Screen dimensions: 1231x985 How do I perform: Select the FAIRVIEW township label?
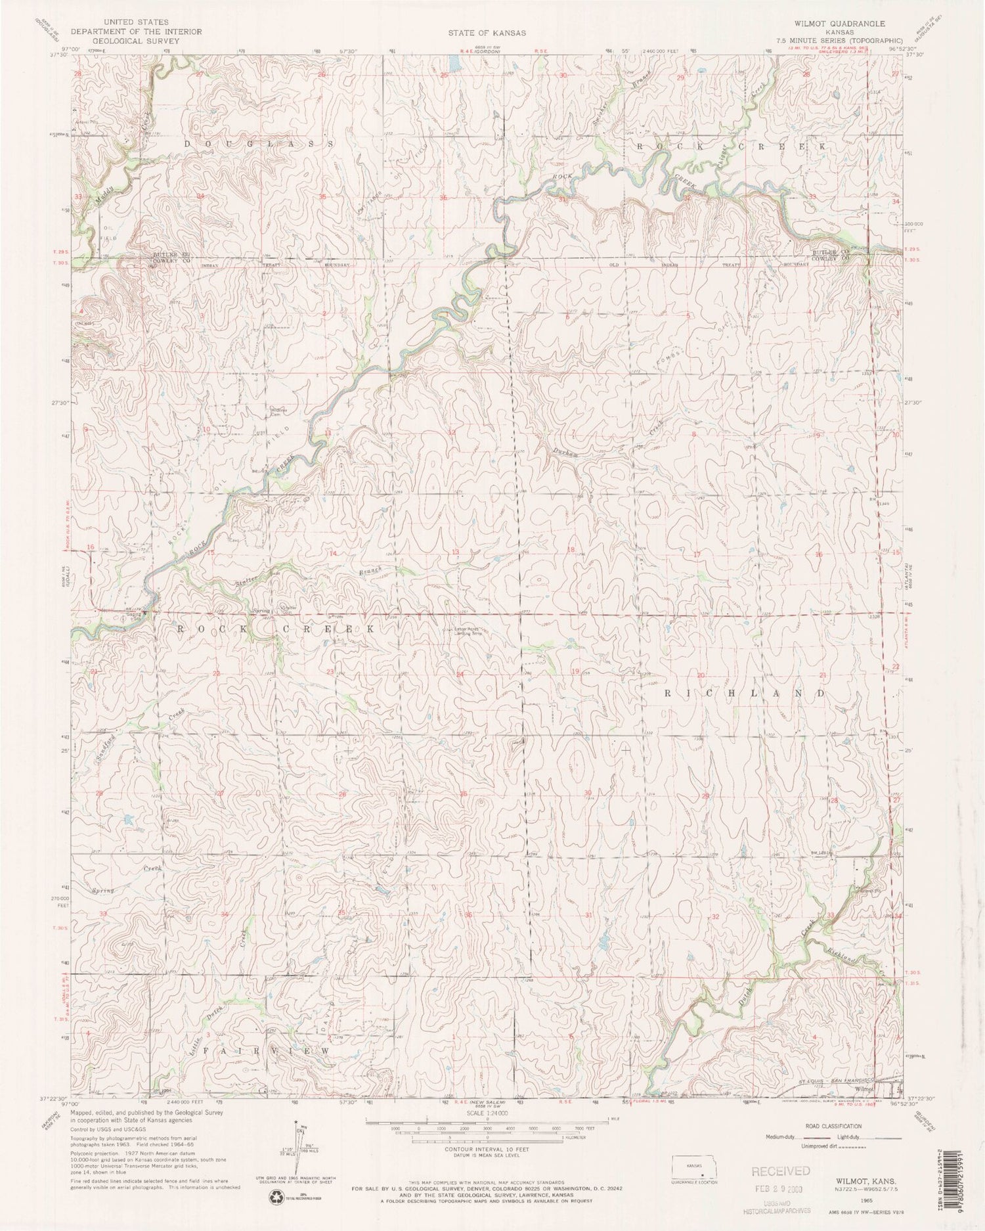(x=266, y=1052)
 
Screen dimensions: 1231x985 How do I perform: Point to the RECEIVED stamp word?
(x=781, y=1171)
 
